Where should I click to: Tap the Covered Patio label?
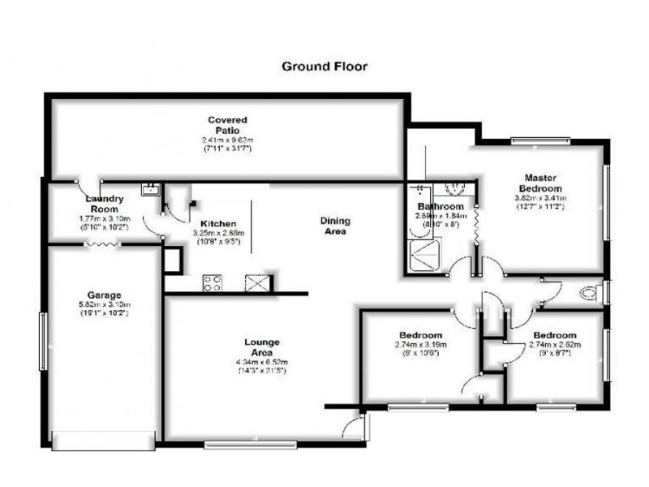pos(226,125)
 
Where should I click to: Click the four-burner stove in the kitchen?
pos(213,283)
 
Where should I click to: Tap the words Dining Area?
pos(333,226)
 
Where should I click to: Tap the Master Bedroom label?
pos(539,183)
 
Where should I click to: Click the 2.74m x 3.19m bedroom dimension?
pos(420,345)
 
